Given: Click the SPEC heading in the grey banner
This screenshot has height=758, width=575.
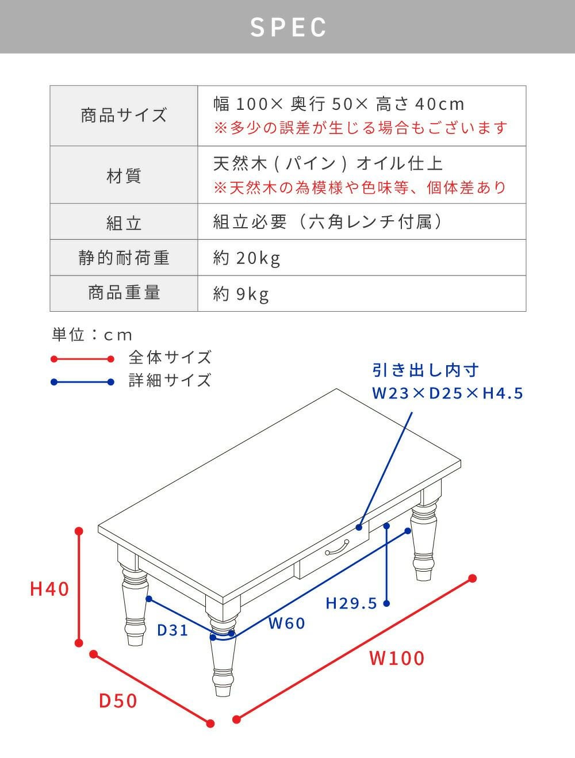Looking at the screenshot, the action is pyautogui.click(x=288, y=27).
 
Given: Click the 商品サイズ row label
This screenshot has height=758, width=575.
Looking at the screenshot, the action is pyautogui.click(x=124, y=116).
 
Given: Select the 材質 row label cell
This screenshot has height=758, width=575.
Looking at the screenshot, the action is pyautogui.click(x=124, y=175).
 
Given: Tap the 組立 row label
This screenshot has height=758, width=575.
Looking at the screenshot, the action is pyautogui.click(x=124, y=223).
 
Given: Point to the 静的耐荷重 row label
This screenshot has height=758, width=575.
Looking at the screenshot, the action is pyautogui.click(x=124, y=258).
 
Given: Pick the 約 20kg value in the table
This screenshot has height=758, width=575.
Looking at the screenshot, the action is pyautogui.click(x=247, y=258).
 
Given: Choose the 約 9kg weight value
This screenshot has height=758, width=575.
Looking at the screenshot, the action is pyautogui.click(x=241, y=294).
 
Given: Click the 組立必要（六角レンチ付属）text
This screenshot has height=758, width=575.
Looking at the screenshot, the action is pyautogui.click(x=328, y=221).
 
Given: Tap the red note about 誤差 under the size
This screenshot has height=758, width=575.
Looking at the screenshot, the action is pyautogui.click(x=361, y=128).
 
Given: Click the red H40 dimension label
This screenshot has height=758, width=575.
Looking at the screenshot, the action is pyautogui.click(x=49, y=589).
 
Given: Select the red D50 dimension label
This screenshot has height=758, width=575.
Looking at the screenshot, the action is pyautogui.click(x=118, y=700).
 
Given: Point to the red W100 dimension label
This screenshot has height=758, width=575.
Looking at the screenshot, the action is pyautogui.click(x=397, y=658).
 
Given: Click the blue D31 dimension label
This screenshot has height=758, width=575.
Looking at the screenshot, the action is pyautogui.click(x=172, y=630).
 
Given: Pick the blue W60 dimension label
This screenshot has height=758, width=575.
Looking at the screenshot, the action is pyautogui.click(x=286, y=623).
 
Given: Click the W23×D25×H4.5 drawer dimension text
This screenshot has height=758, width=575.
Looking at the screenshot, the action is pyautogui.click(x=448, y=393).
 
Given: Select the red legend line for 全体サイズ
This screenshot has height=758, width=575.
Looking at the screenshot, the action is pyautogui.click(x=82, y=359).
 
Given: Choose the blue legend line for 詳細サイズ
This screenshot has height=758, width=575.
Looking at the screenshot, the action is pyautogui.click(x=82, y=382).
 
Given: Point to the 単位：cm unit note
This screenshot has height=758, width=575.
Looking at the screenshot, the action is pyautogui.click(x=92, y=335).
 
